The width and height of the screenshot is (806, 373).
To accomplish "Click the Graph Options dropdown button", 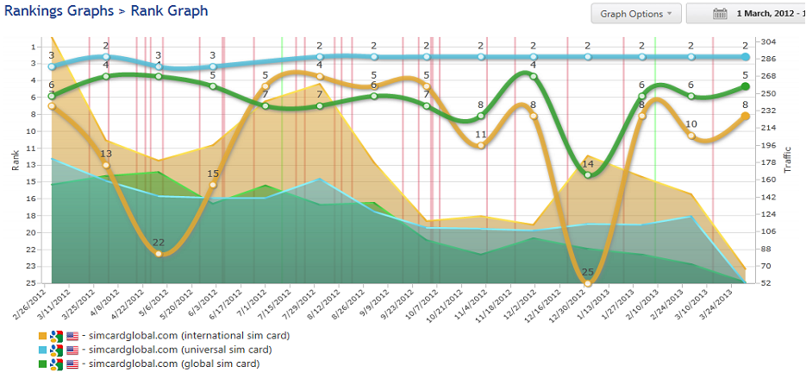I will [x=636, y=14].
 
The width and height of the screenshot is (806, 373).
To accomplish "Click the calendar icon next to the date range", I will [x=721, y=14].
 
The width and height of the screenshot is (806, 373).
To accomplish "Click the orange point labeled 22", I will [x=159, y=253].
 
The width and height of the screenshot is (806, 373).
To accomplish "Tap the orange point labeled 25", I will [x=588, y=282].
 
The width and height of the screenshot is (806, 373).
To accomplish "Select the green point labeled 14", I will [x=588, y=174].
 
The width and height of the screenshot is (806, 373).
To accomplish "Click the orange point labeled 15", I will [x=213, y=185].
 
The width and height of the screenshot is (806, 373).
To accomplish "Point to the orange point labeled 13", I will [x=105, y=165].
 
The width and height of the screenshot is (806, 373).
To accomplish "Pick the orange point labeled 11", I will [x=481, y=145].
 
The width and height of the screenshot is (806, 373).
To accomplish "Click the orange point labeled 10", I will [x=691, y=136].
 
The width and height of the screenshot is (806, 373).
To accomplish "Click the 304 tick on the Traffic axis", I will [x=765, y=41].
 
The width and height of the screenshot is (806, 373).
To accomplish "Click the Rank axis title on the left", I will [x=15, y=161].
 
